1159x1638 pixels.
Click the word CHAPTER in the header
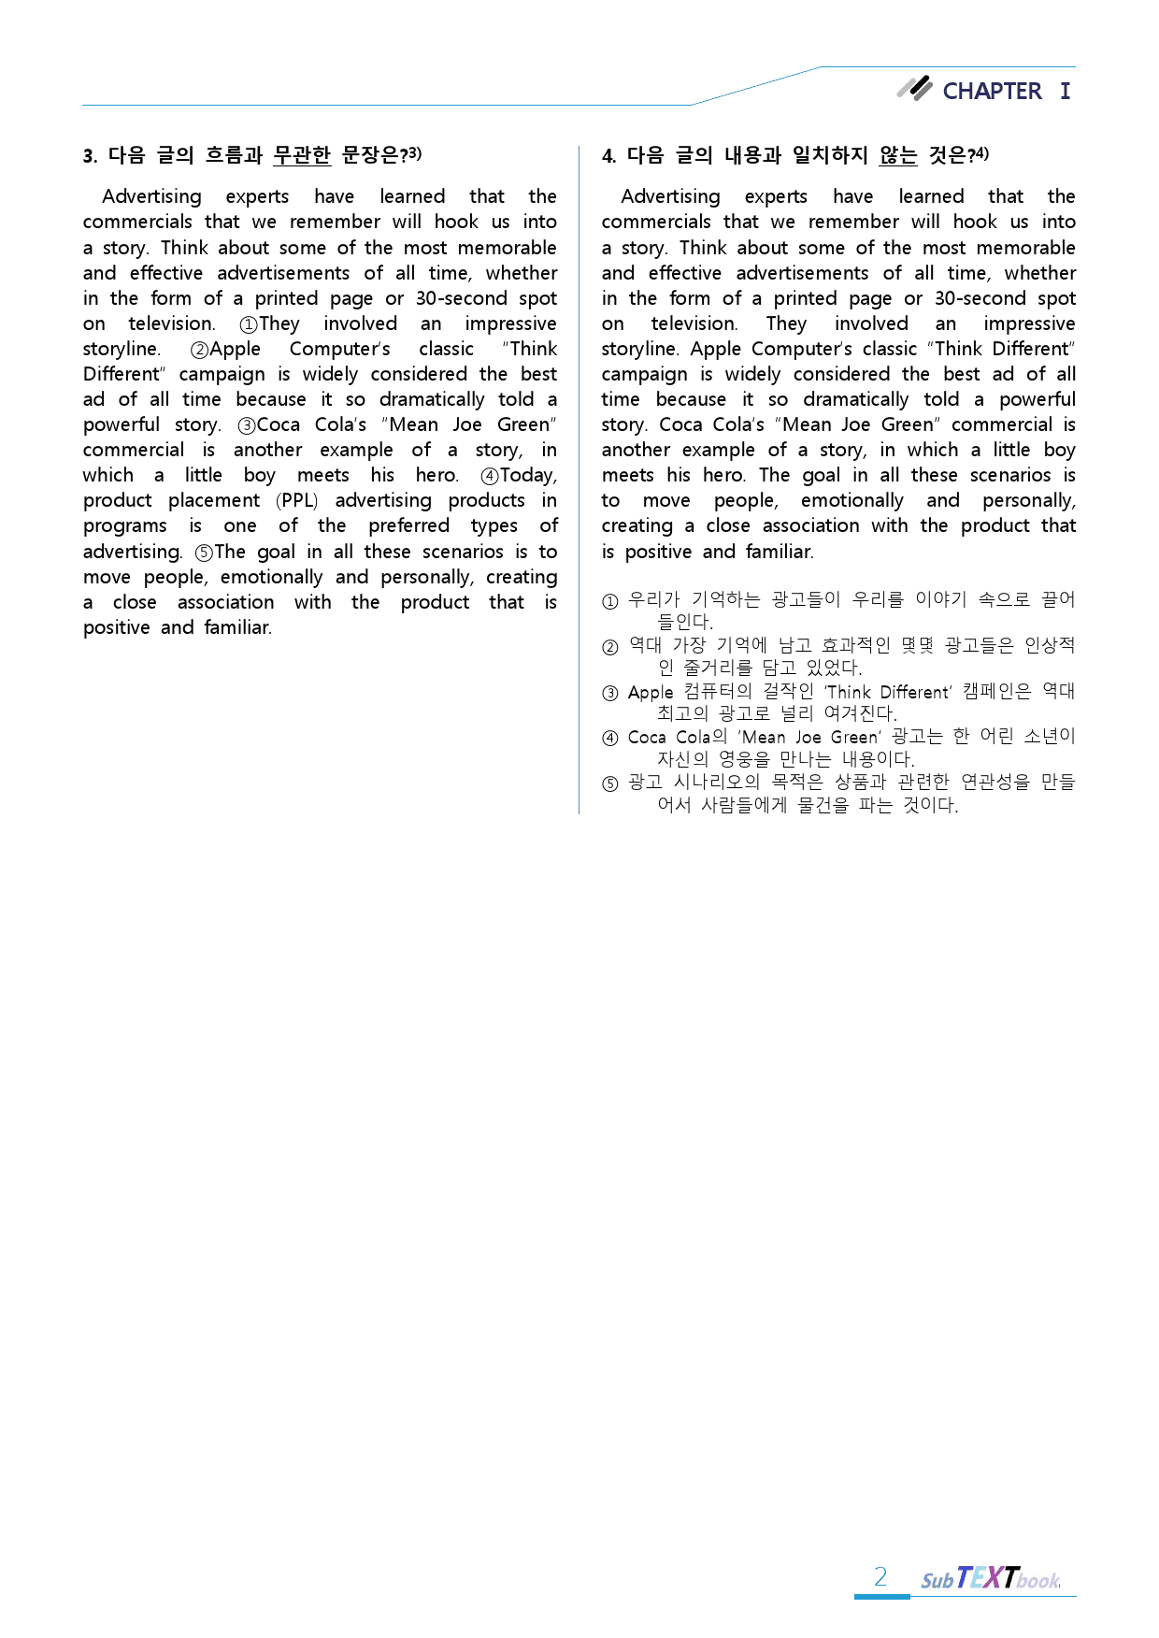(x=991, y=91)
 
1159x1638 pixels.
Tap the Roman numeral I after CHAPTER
(x=1065, y=91)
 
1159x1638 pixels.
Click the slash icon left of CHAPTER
(x=915, y=88)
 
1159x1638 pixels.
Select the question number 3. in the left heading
(x=90, y=156)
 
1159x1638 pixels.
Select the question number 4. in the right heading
(x=608, y=156)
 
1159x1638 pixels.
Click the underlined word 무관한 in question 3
(x=302, y=155)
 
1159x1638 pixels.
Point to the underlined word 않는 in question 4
(x=897, y=155)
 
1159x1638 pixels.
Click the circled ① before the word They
(x=249, y=324)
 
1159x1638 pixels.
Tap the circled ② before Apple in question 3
(x=199, y=350)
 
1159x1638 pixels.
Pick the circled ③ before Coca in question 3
(x=247, y=425)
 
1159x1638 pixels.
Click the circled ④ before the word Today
(x=489, y=476)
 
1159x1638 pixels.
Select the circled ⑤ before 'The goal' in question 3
(x=204, y=553)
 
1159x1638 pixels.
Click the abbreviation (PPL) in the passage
(x=297, y=500)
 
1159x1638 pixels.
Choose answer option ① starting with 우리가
(x=610, y=601)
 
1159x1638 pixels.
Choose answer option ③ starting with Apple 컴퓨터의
(x=610, y=693)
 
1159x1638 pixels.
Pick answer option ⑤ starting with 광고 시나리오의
(x=610, y=783)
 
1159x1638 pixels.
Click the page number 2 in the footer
(x=880, y=1577)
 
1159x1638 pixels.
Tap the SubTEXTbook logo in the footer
(x=990, y=1578)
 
